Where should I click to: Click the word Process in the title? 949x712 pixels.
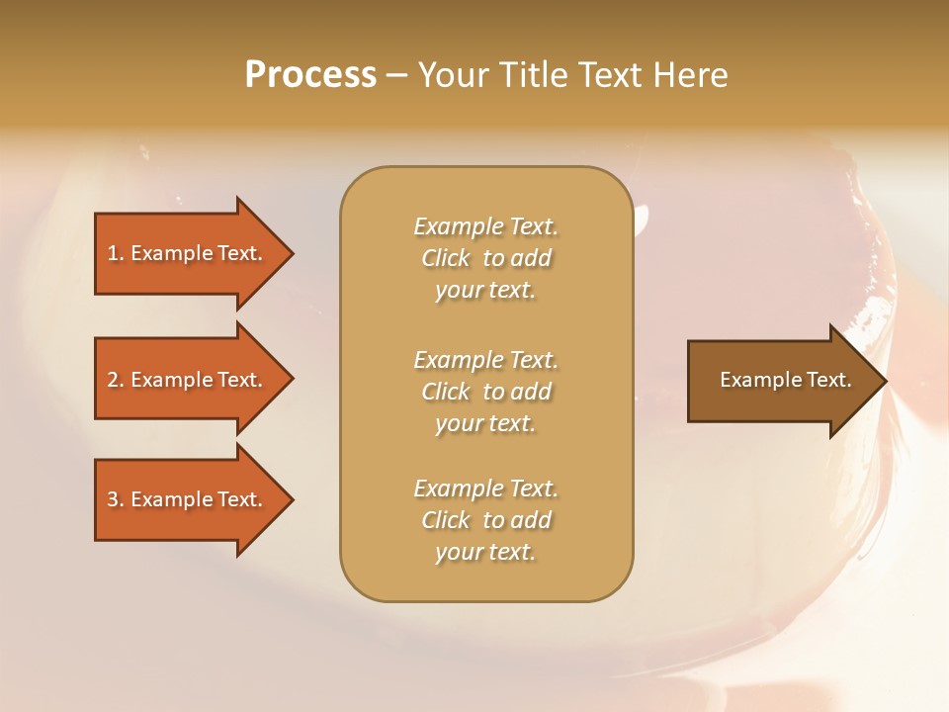[x=310, y=75]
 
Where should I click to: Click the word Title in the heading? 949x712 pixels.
[x=536, y=75]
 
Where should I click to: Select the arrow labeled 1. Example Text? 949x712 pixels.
[x=188, y=253]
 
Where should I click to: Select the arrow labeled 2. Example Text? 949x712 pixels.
[x=188, y=380]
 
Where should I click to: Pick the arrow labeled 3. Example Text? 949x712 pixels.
[x=188, y=499]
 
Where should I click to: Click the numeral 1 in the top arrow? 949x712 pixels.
[x=113, y=253]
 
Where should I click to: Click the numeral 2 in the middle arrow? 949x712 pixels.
[x=113, y=380]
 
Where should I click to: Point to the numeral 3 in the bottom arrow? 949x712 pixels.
[x=113, y=499]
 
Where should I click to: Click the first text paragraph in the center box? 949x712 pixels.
[x=485, y=258]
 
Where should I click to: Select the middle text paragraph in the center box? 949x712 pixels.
[x=485, y=392]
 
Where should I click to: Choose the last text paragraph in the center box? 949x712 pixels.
[x=485, y=520]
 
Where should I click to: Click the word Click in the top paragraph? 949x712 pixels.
[x=446, y=258]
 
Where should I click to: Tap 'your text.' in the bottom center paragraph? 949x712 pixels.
[x=485, y=552]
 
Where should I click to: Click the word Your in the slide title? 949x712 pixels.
[x=453, y=75]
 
